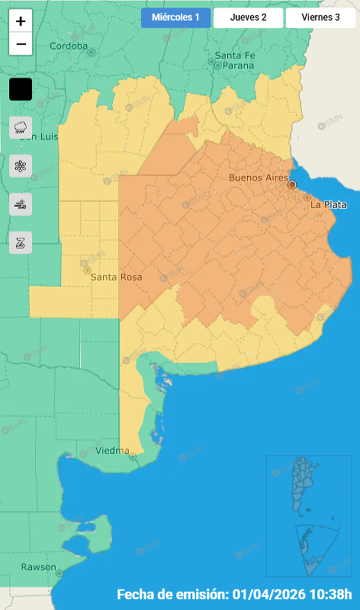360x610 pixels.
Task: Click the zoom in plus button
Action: (21, 21)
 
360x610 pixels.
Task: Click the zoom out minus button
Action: (21, 44)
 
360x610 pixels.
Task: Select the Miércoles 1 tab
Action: (175, 18)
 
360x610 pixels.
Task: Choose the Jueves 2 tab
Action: (248, 18)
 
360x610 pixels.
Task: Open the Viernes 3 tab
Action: (320, 18)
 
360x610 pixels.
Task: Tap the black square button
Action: (21, 90)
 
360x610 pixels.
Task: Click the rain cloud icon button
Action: (21, 127)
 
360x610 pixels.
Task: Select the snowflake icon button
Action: (21, 166)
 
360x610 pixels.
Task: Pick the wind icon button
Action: (21, 204)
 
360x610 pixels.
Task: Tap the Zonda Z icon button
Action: (21, 242)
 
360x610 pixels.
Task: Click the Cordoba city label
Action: (68, 46)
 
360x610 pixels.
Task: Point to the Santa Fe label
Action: (235, 55)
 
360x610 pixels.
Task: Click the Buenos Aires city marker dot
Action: (292, 185)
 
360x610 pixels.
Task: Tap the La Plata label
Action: (328, 205)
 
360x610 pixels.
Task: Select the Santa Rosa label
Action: (116, 277)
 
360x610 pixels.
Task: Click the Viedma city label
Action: (112, 451)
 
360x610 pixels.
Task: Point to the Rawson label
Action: (38, 567)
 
